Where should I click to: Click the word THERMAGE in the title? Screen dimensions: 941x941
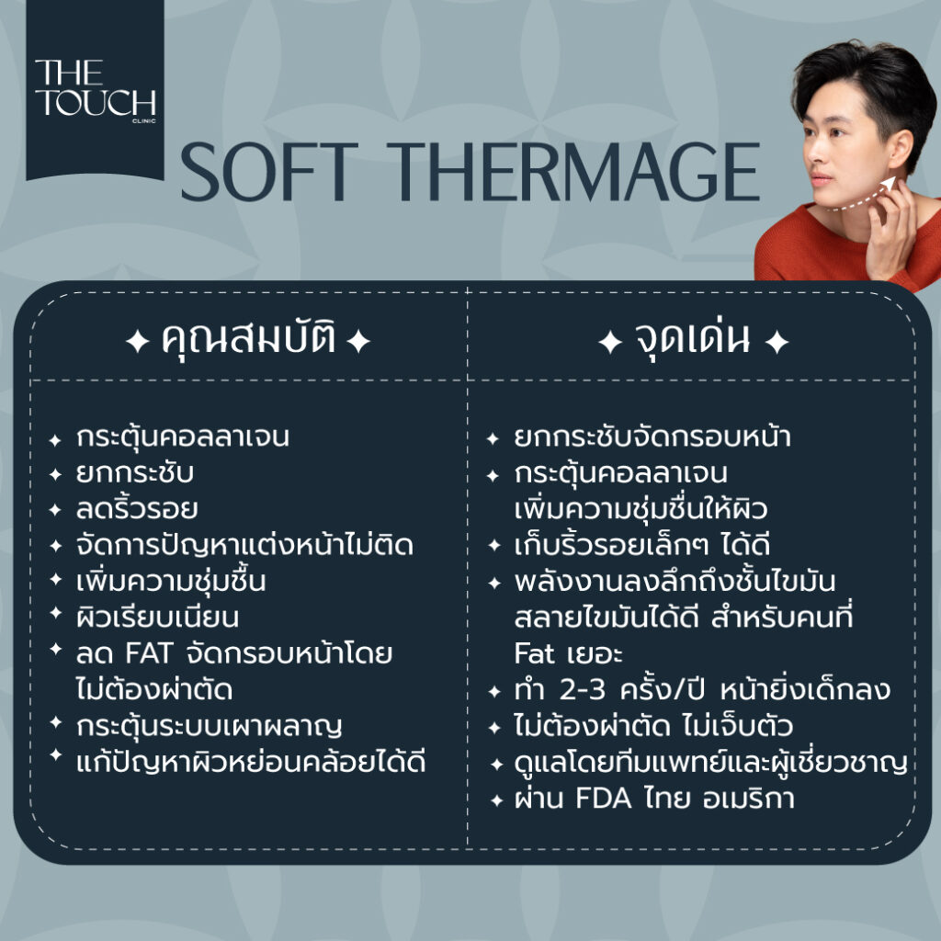(577, 172)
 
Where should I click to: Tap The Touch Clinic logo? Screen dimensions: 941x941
(95, 89)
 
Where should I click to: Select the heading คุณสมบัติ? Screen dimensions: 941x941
(248, 340)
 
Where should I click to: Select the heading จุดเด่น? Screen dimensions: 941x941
(693, 340)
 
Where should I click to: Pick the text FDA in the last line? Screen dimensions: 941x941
(603, 799)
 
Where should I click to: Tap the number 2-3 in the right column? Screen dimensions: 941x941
(582, 690)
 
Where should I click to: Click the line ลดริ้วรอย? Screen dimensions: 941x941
(137, 509)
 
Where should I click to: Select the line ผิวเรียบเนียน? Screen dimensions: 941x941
(157, 617)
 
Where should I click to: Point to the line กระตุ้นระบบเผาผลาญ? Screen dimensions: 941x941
(209, 727)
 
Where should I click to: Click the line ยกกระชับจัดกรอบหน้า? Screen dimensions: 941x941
(652, 436)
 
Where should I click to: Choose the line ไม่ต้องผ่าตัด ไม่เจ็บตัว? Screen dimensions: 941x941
(653, 726)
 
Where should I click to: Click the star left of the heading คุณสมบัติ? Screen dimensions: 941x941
(138, 342)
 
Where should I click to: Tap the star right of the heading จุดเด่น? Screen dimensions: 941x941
(777, 342)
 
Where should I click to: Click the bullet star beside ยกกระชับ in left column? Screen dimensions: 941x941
(55, 475)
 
